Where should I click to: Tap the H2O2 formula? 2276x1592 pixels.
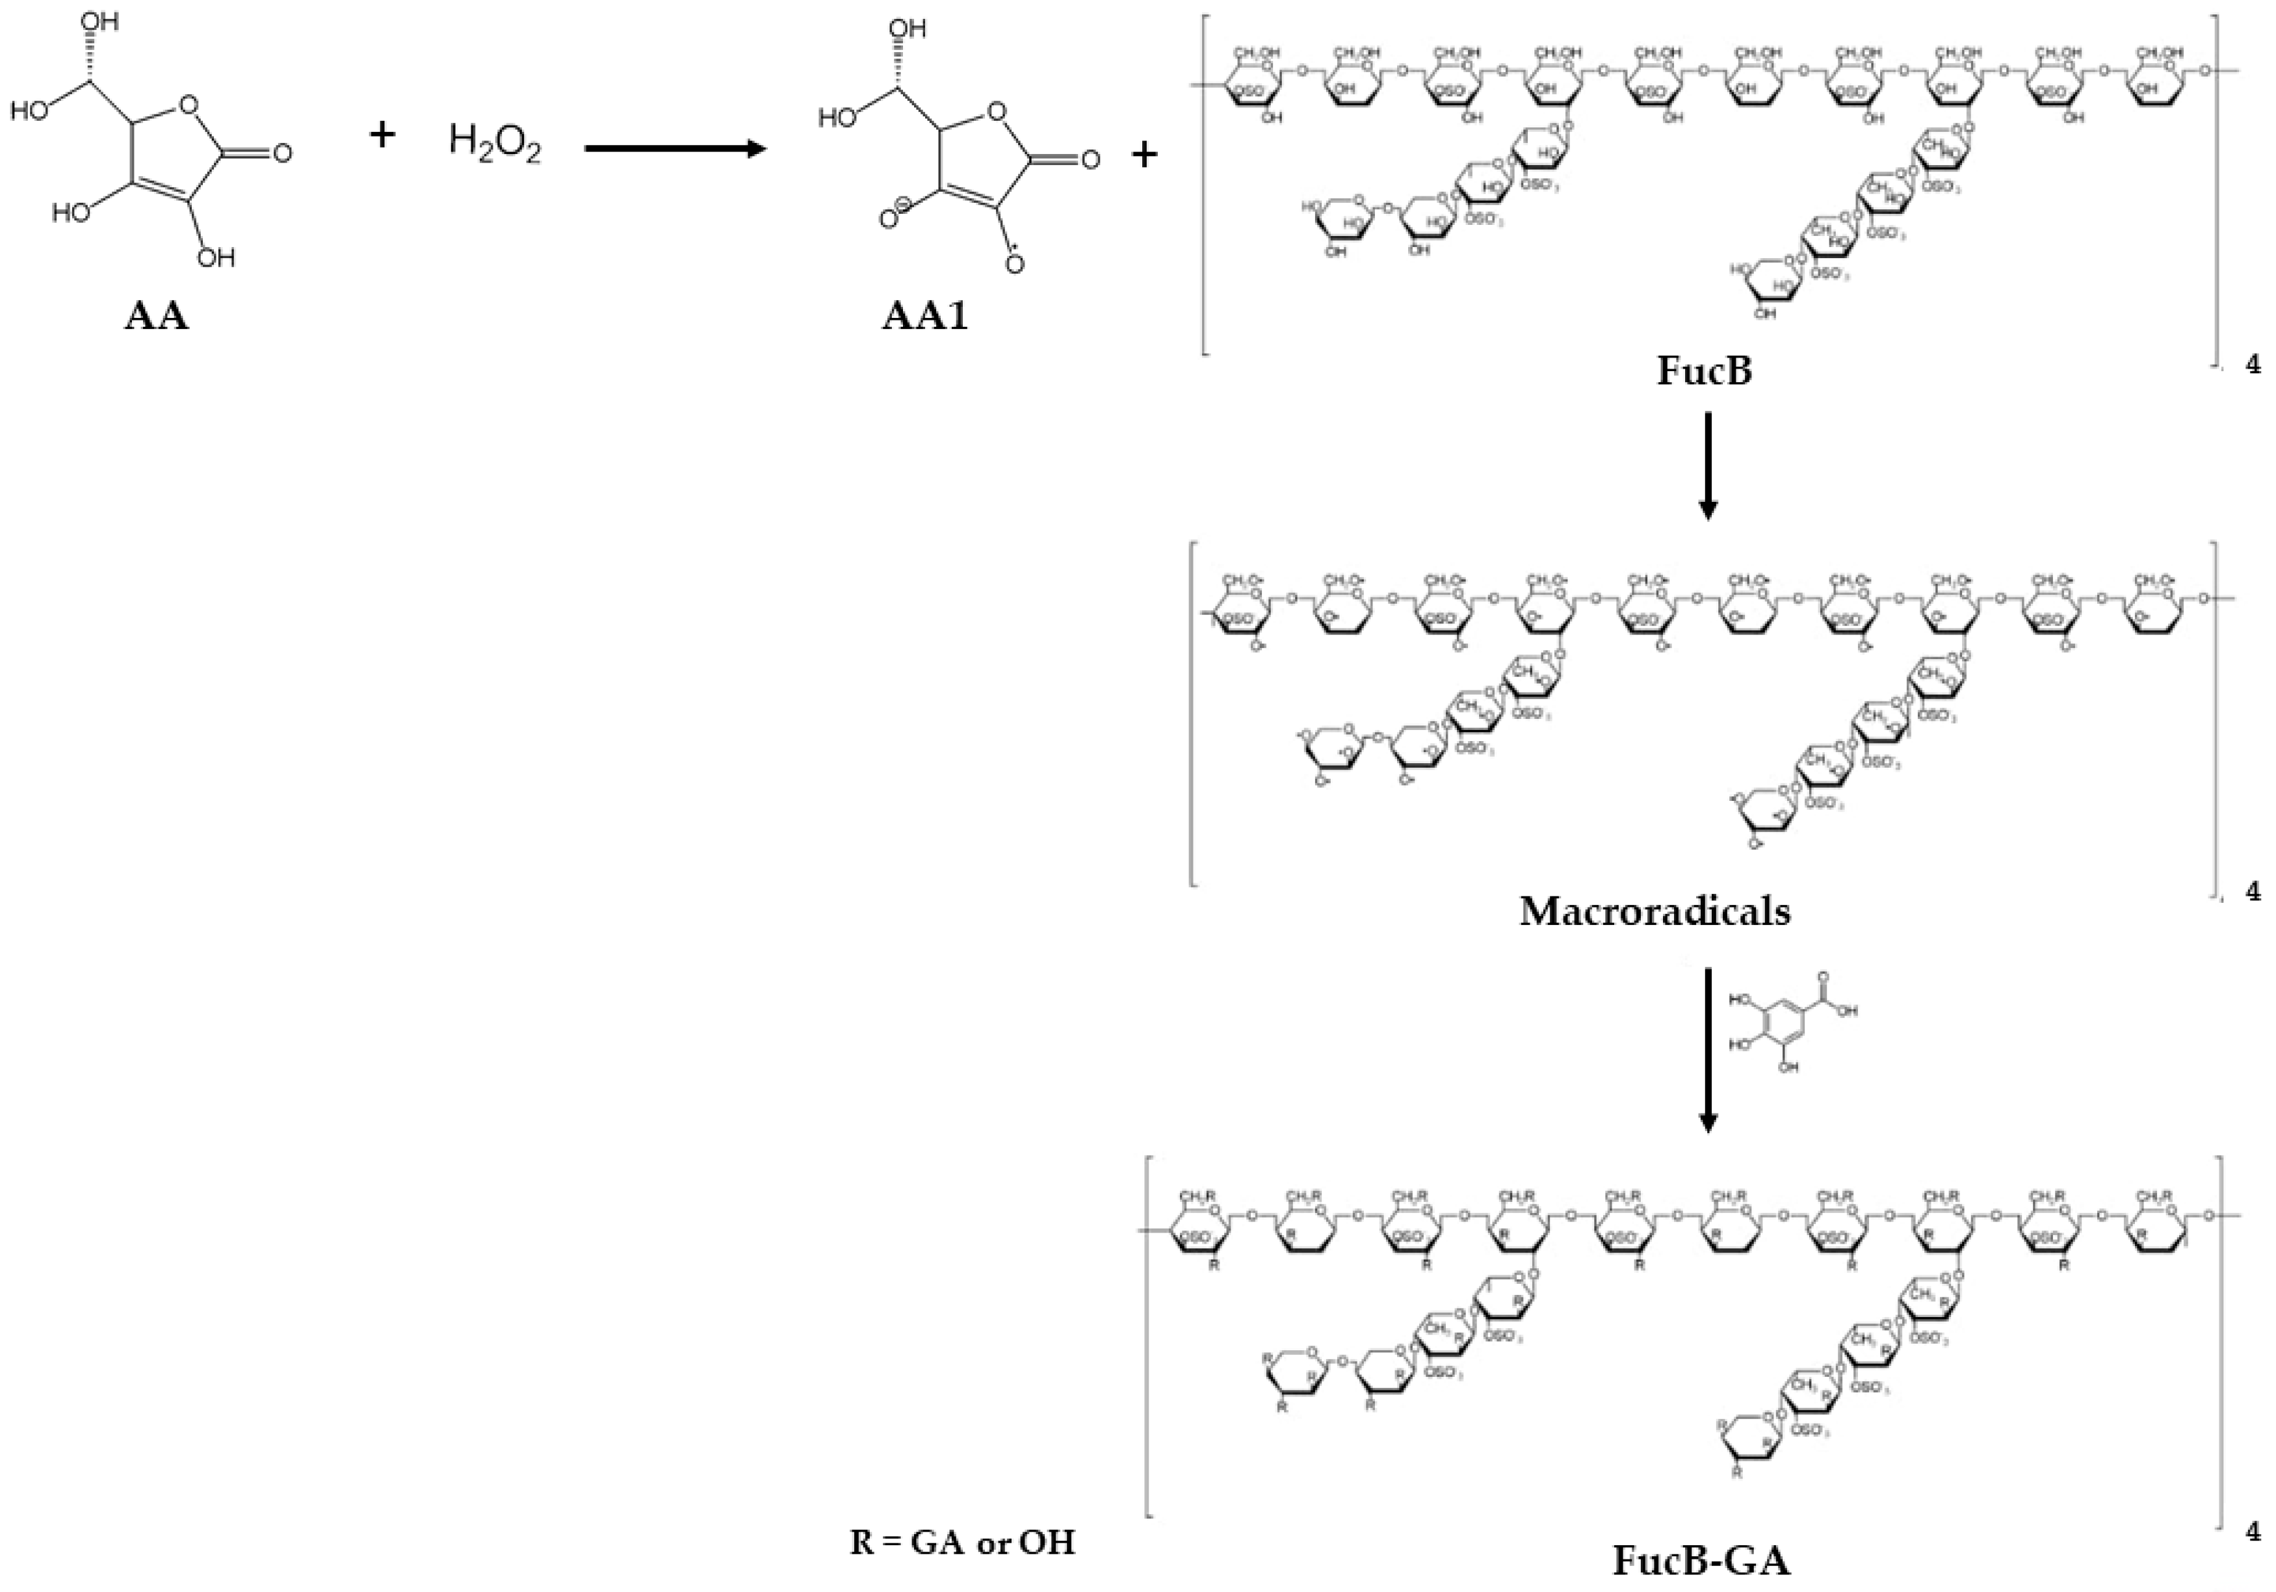coord(495,143)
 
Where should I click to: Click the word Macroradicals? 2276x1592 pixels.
coord(1655,911)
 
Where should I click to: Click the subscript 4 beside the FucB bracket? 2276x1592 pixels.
coord(2253,365)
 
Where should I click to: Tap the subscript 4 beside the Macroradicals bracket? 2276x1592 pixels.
coord(2253,891)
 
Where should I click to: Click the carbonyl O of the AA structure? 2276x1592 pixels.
coord(281,153)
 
